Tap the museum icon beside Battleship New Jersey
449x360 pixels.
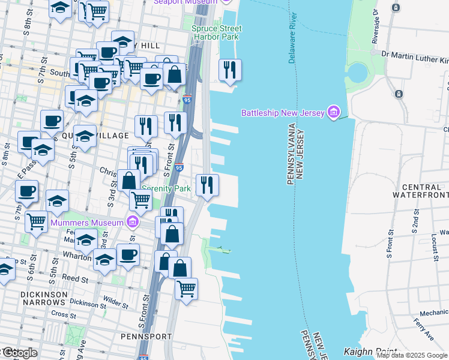point(334,112)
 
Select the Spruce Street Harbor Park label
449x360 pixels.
point(217,32)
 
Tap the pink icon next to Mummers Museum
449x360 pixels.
point(133,223)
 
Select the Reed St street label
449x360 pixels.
point(76,279)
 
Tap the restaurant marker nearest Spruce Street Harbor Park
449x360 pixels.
point(230,70)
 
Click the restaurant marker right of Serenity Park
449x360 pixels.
point(207,184)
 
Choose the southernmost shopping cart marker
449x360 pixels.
point(186,289)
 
